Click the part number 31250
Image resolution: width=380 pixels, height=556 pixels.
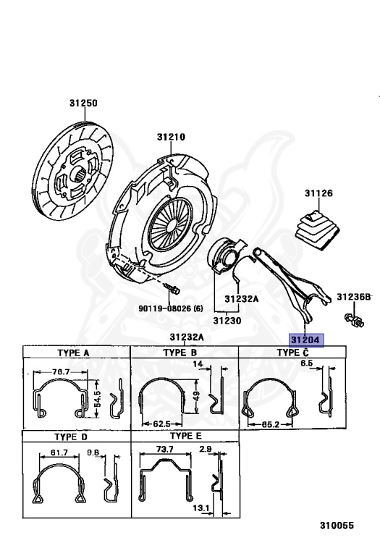click(83, 103)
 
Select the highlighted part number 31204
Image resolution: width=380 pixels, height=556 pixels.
click(305, 340)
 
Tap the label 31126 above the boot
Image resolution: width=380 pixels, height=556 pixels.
click(318, 193)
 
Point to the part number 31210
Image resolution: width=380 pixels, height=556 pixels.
click(172, 137)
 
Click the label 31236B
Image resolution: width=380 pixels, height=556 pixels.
click(354, 296)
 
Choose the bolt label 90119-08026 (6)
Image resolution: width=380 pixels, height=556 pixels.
click(171, 308)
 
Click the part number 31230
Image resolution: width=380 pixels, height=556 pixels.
click(227, 321)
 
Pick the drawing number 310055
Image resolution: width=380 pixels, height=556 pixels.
click(337, 525)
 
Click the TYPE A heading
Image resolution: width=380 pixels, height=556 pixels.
click(73, 353)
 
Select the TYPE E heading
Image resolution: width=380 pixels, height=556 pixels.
click(186, 436)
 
